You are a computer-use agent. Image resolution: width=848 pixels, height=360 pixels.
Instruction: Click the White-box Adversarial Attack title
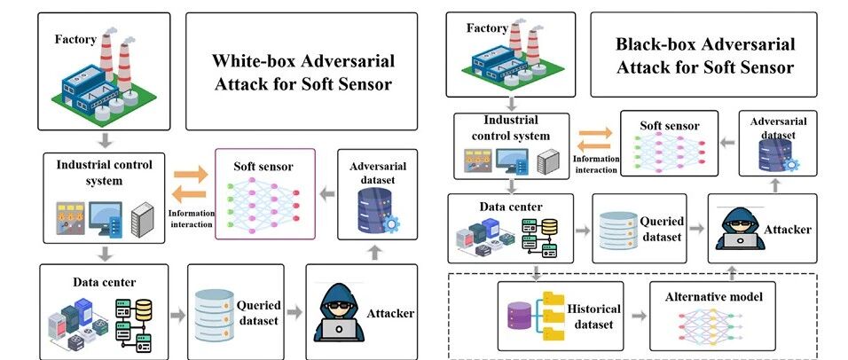click(x=302, y=72)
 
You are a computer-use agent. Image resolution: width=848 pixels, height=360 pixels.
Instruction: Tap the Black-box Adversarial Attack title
click(x=705, y=55)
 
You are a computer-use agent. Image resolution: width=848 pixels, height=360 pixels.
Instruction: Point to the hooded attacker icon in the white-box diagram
click(x=338, y=313)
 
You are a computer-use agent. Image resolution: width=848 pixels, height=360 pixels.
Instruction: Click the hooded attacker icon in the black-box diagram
click(x=739, y=229)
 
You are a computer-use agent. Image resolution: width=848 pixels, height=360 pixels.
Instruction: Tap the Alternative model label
click(x=714, y=297)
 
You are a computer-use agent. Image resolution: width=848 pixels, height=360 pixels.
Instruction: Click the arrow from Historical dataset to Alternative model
click(x=639, y=317)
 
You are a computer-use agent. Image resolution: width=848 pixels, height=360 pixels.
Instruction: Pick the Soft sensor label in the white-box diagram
click(x=263, y=166)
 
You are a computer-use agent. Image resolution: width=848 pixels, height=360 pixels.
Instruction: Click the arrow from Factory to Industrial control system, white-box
click(x=106, y=140)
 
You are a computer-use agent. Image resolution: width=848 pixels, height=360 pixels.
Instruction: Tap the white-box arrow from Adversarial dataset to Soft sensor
click(x=327, y=194)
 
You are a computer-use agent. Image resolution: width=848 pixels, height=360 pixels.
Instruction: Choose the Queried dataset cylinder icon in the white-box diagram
click(x=214, y=315)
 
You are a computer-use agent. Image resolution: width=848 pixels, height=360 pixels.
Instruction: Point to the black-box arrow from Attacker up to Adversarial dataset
click(x=775, y=185)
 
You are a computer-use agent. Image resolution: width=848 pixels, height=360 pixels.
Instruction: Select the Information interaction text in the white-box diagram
click(x=192, y=218)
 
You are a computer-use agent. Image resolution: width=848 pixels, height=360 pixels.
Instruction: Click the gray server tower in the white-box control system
click(x=142, y=220)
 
